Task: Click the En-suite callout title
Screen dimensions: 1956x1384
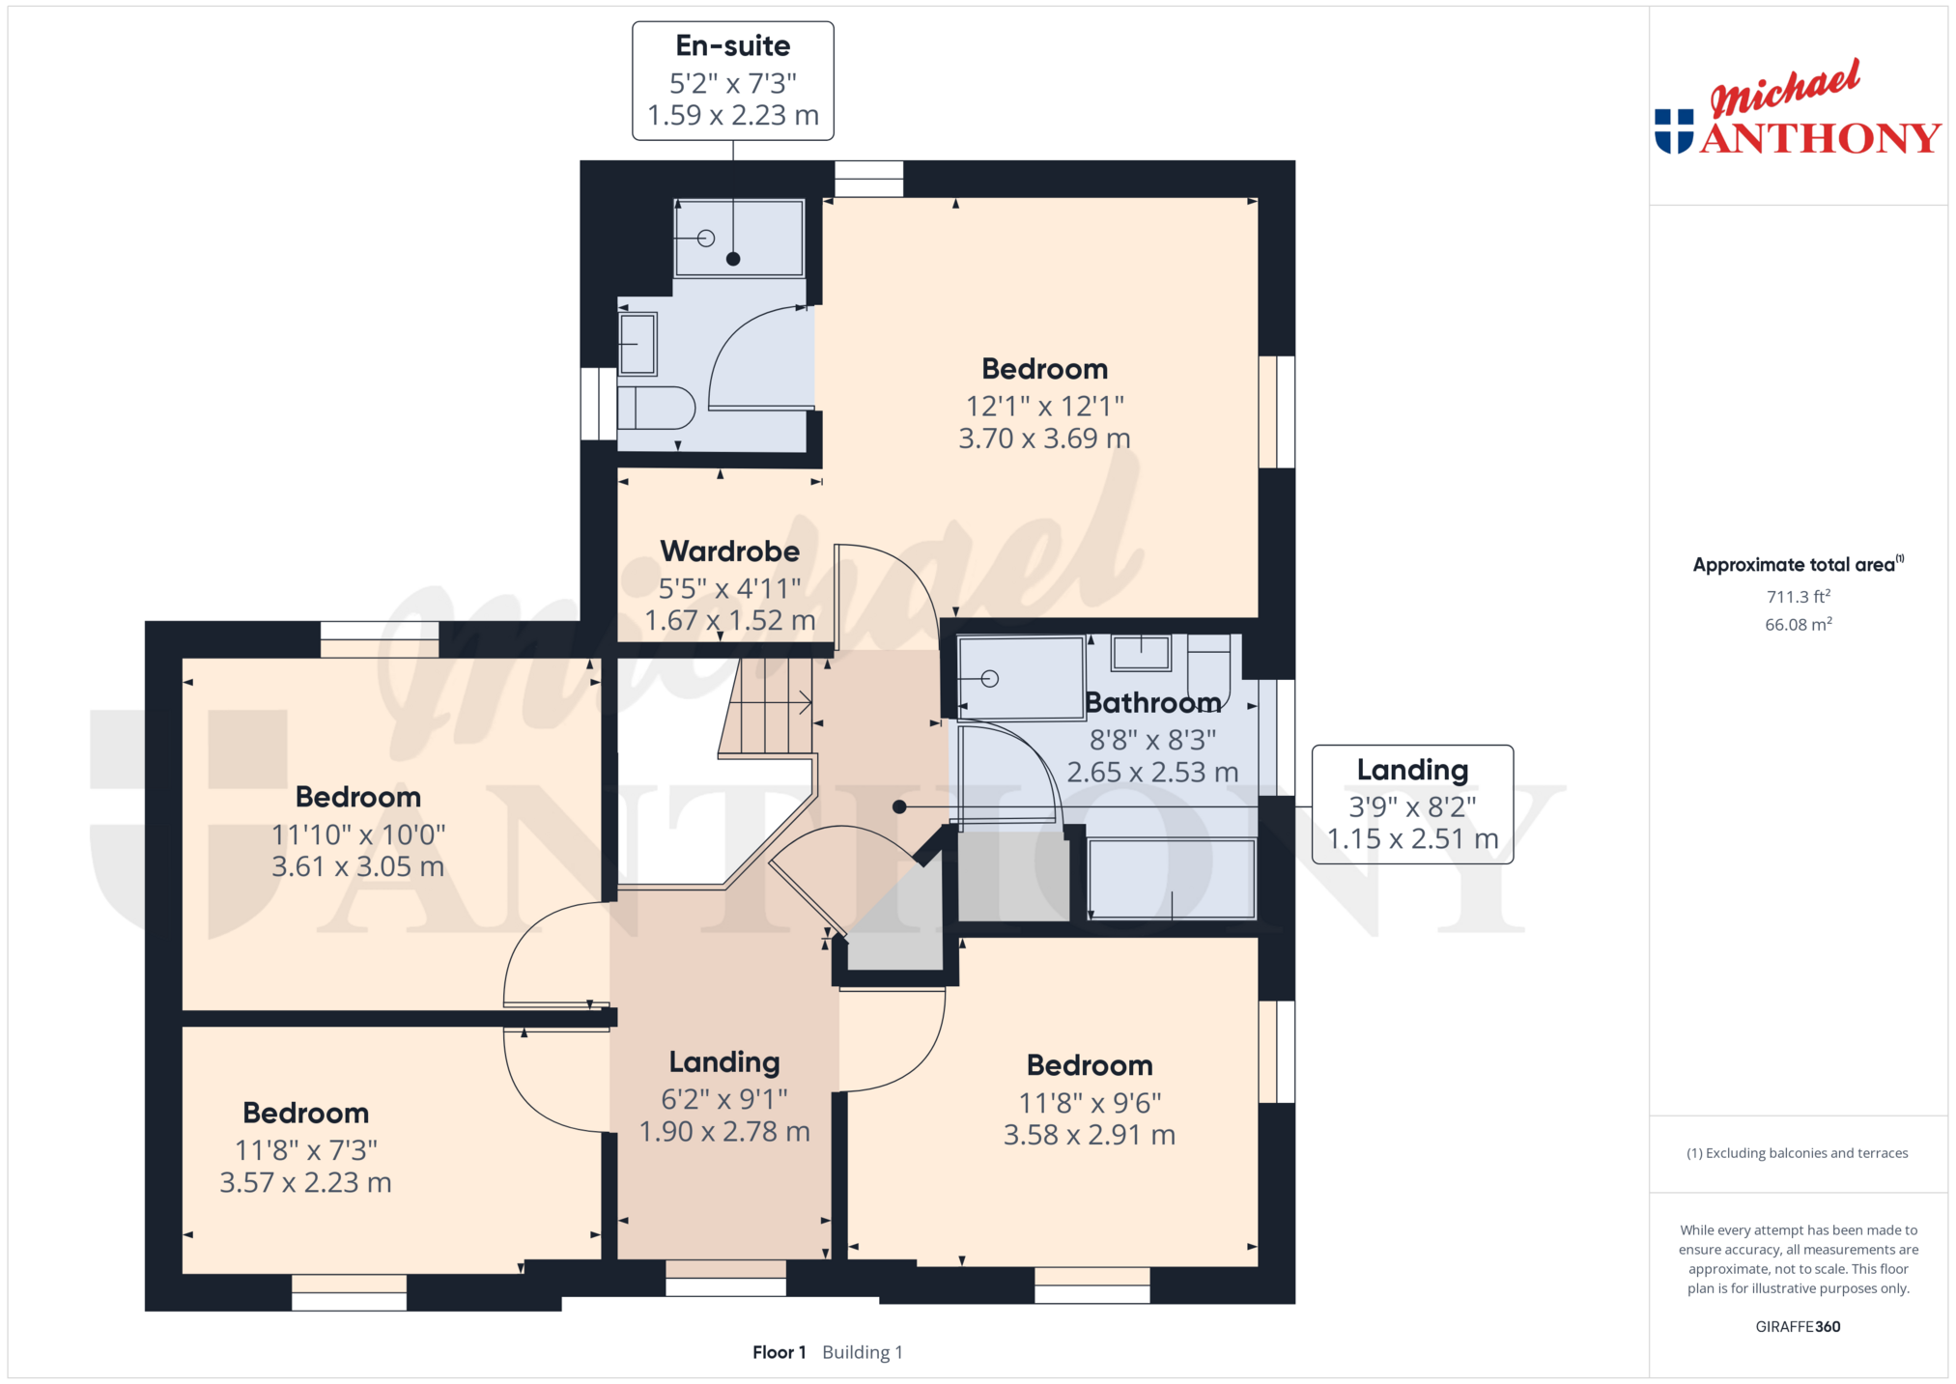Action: click(x=732, y=45)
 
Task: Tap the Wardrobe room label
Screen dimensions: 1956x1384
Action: click(x=729, y=551)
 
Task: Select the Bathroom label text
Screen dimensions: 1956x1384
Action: click(x=1152, y=702)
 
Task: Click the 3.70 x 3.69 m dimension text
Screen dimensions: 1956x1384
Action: click(x=1044, y=438)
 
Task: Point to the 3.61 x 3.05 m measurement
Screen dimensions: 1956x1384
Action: click(x=357, y=866)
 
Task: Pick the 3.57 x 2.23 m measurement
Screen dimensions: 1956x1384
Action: click(x=305, y=1182)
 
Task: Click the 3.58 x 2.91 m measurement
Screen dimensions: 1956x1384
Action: click(x=1090, y=1135)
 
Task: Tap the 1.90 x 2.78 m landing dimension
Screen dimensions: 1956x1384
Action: click(x=724, y=1131)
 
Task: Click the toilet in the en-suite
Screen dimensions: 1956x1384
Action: click(x=657, y=409)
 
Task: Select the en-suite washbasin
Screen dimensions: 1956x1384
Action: click(x=638, y=344)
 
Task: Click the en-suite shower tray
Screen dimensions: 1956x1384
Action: click(x=739, y=238)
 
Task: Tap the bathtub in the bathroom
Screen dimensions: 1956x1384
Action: click(x=1172, y=879)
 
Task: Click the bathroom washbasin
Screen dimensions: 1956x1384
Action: click(x=1141, y=653)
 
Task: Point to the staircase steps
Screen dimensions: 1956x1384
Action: click(x=767, y=707)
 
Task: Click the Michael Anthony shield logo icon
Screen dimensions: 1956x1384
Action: click(x=1674, y=131)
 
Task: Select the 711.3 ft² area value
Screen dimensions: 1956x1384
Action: click(x=1799, y=597)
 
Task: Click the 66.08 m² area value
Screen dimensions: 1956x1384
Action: click(x=1799, y=624)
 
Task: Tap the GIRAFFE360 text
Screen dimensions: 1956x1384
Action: click(x=1798, y=1326)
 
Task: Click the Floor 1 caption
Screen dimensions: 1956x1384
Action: click(x=779, y=1352)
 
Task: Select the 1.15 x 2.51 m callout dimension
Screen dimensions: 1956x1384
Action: click(x=1412, y=839)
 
